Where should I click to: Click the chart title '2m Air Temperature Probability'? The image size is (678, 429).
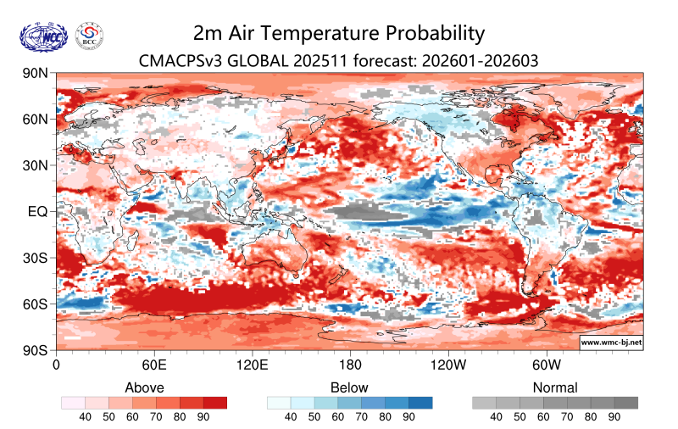coord(339,33)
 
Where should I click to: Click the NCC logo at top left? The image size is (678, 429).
coord(42,36)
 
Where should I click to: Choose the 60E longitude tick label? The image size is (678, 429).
coord(153,365)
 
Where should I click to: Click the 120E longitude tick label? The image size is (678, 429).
coord(253,365)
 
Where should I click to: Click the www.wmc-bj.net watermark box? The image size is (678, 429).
coord(610,343)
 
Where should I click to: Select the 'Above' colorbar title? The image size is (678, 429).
coord(144,387)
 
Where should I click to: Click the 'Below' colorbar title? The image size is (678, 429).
coord(349,387)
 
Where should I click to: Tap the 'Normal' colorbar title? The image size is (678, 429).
coord(555,387)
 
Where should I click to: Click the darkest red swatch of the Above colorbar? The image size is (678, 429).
coord(215,403)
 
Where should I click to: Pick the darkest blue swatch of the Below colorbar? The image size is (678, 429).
coord(420,403)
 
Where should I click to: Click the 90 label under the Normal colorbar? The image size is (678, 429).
coord(614,417)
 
